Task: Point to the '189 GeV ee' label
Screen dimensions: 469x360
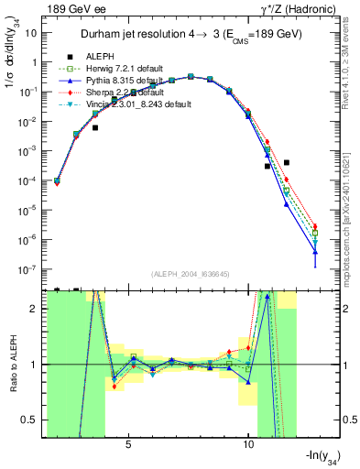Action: (x=73, y=9)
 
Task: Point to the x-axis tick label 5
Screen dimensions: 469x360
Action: (x=128, y=445)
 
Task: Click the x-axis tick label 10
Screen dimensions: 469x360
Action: (x=248, y=445)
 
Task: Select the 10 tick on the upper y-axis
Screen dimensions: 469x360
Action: (x=37, y=32)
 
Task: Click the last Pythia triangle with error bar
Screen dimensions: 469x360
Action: (x=315, y=252)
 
